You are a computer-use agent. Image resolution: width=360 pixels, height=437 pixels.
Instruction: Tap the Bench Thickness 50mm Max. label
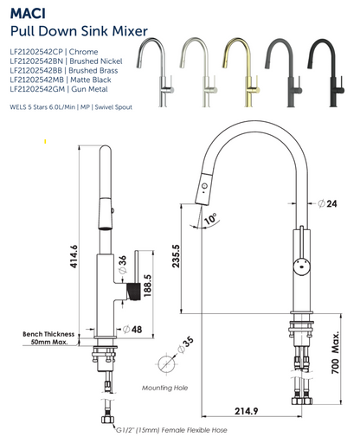[48, 337]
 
